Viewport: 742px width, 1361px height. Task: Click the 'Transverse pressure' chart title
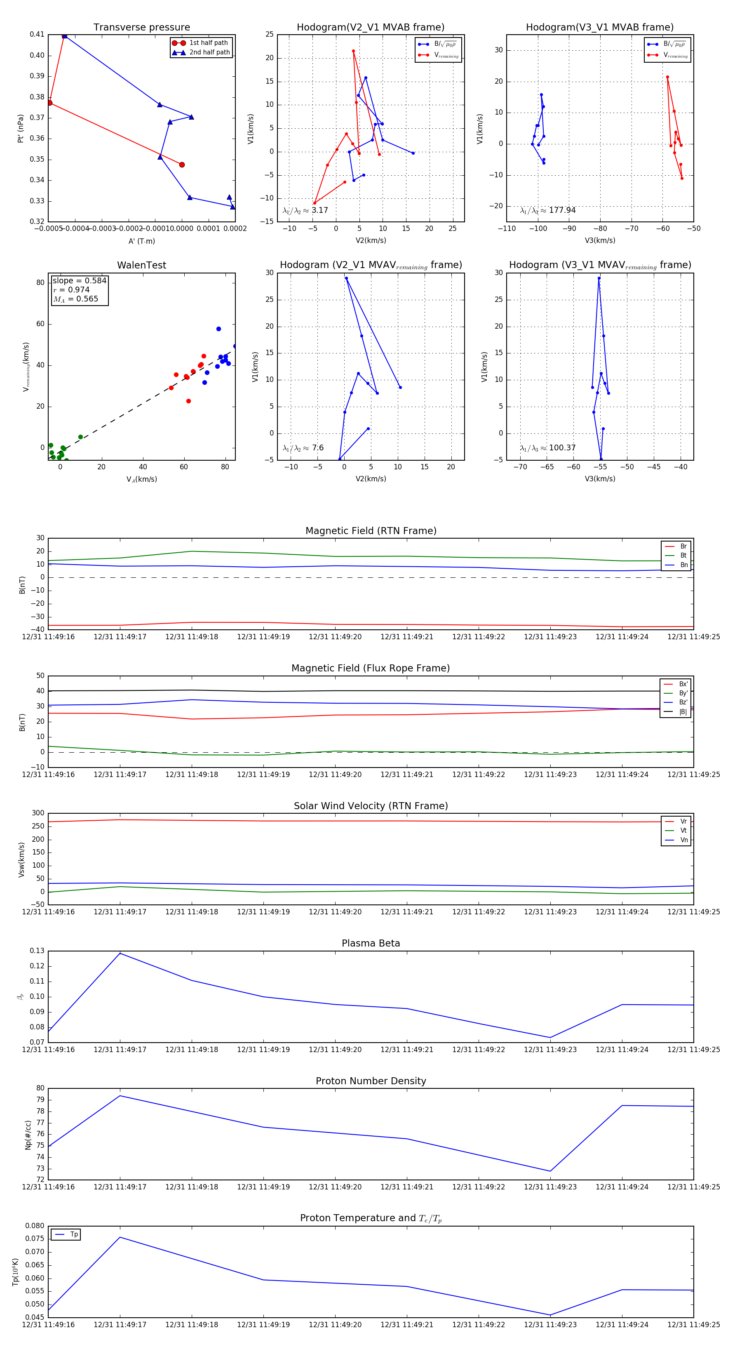point(141,28)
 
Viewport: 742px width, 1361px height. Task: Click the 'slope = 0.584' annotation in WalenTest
point(79,280)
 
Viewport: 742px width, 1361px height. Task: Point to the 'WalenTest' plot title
point(141,265)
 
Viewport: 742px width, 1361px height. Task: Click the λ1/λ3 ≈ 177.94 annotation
point(548,210)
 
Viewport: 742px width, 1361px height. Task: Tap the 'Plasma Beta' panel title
point(371,944)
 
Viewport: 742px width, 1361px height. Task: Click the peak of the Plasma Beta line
point(120,953)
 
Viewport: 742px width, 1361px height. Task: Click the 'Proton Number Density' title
point(371,1081)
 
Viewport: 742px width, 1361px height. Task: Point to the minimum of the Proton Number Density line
point(550,1171)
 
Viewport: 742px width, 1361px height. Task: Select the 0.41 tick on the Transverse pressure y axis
point(37,34)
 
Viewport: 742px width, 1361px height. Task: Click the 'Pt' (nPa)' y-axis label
point(21,128)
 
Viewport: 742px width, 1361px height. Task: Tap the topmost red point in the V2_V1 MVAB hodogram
point(353,51)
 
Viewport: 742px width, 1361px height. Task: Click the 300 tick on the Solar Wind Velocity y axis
point(38,813)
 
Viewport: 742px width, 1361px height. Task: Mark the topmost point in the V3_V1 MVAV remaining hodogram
point(599,278)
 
